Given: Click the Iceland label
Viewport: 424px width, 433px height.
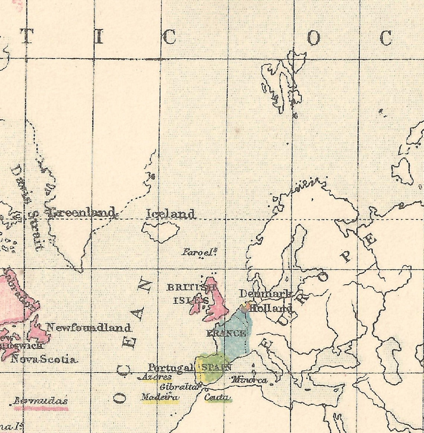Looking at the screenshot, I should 170,214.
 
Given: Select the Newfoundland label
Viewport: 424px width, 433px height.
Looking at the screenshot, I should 89,328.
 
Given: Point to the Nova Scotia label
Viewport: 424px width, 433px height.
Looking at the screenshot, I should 44,359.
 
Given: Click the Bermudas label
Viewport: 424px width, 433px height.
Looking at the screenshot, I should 41,401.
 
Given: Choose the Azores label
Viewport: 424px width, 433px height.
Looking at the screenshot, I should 157,377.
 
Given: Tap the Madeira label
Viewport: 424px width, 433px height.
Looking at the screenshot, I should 160,397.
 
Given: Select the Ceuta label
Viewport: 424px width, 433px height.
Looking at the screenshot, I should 217,397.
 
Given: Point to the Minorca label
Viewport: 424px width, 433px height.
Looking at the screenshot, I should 249,380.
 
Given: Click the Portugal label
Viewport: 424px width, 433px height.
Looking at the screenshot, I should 171,368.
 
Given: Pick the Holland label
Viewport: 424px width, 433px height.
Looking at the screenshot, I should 271,309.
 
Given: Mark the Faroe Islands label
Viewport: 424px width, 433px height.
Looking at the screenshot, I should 199,252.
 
